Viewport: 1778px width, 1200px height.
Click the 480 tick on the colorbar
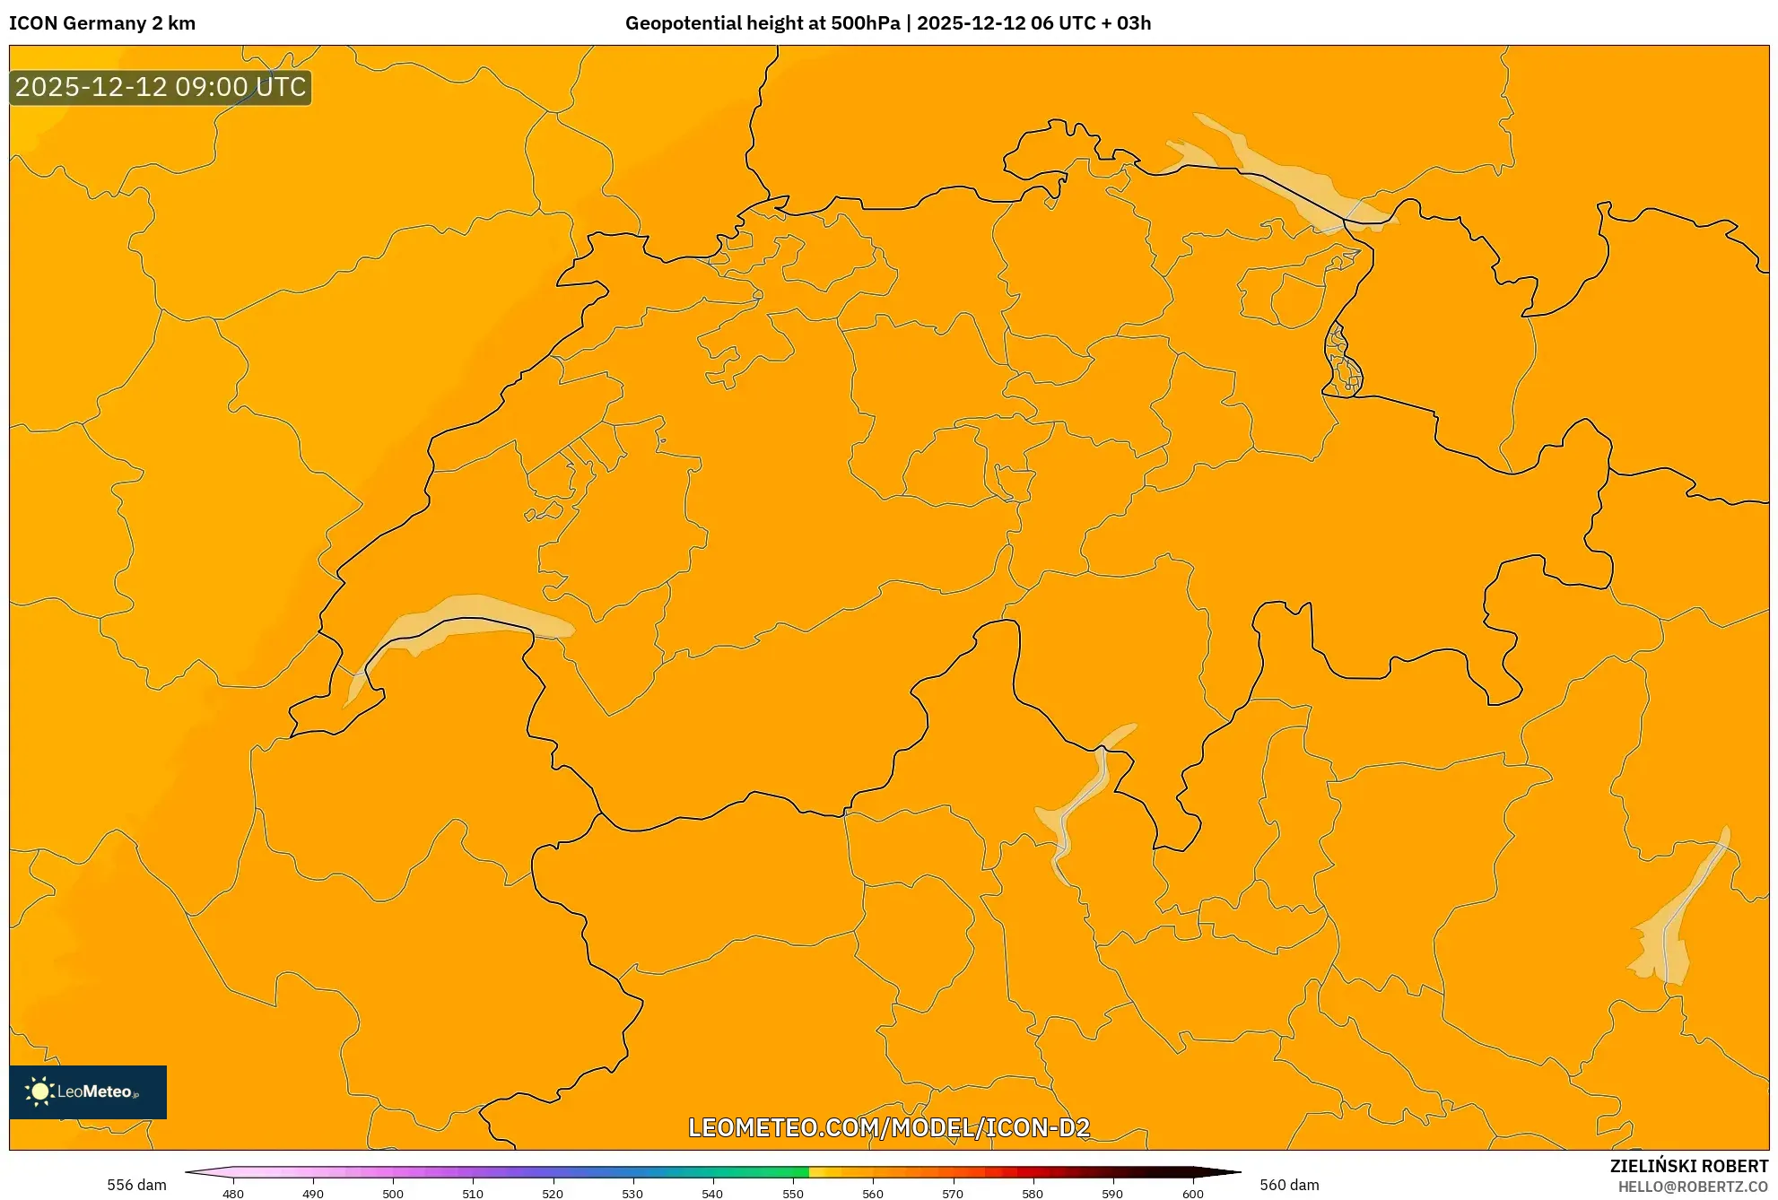click(233, 1194)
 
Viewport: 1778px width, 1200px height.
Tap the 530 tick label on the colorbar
click(632, 1194)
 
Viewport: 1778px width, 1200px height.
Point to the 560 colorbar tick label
click(872, 1194)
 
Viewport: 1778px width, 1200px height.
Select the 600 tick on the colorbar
click(1192, 1194)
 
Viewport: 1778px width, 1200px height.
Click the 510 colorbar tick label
click(473, 1194)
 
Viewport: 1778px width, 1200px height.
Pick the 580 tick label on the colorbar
click(1033, 1194)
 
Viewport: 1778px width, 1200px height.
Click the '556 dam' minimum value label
click(136, 1185)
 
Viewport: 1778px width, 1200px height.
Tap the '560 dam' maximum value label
click(1289, 1185)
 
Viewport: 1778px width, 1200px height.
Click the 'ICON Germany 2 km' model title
click(102, 23)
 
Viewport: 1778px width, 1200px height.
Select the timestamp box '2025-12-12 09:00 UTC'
click(161, 87)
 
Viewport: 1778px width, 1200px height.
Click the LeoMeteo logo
click(88, 1091)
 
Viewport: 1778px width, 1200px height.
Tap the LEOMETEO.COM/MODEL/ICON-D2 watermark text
click(889, 1127)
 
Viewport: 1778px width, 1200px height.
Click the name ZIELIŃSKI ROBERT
click(1688, 1166)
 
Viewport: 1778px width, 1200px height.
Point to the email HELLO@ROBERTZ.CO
click(1693, 1187)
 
